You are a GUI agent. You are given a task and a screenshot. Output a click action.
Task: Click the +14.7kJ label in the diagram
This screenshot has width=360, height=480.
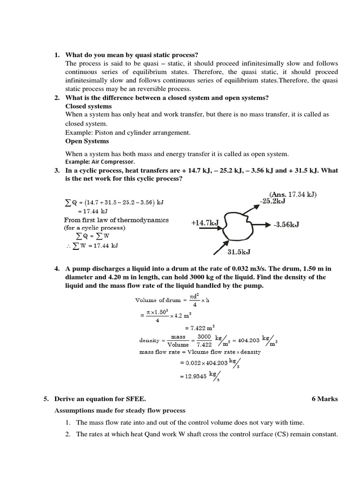205,223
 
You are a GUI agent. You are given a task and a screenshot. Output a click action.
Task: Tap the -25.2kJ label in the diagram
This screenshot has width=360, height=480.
272,202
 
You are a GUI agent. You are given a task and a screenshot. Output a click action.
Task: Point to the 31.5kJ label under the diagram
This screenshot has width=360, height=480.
239,252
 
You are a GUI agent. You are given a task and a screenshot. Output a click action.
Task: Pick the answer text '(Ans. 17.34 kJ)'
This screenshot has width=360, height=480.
293,194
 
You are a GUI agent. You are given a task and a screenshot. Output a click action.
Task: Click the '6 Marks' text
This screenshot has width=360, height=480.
324,399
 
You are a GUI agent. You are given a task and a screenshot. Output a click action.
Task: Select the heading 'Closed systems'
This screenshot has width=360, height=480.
89,106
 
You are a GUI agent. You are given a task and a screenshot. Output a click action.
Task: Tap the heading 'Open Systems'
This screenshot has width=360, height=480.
87,141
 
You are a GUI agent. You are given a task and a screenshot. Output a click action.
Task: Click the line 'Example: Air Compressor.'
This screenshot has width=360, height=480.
100,161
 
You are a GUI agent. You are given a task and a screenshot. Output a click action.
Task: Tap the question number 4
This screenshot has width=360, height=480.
57,269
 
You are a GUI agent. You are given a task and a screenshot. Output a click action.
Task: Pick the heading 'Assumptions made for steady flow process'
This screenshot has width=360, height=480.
120,411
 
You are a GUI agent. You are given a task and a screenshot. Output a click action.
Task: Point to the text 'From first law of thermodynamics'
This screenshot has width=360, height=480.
116,220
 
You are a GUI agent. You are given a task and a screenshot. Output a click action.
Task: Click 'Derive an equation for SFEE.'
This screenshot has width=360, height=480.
100,399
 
